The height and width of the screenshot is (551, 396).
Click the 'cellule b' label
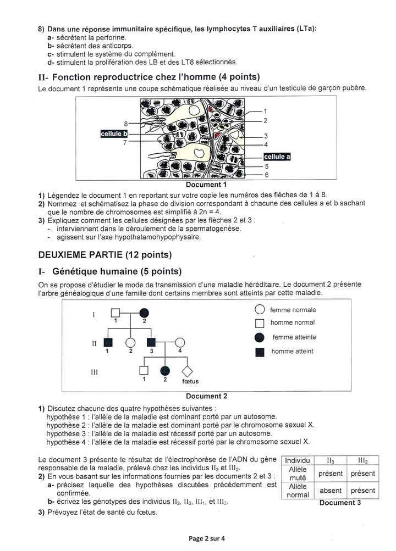[114, 133]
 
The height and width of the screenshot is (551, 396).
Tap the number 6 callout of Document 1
[266, 175]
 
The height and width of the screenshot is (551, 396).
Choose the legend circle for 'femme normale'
[260, 310]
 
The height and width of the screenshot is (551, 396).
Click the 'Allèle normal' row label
[298, 491]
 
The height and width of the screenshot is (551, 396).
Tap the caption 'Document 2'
[206, 396]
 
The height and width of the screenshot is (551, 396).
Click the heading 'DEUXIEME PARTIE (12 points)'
[105, 254]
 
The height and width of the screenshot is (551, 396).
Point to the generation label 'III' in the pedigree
[94, 372]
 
